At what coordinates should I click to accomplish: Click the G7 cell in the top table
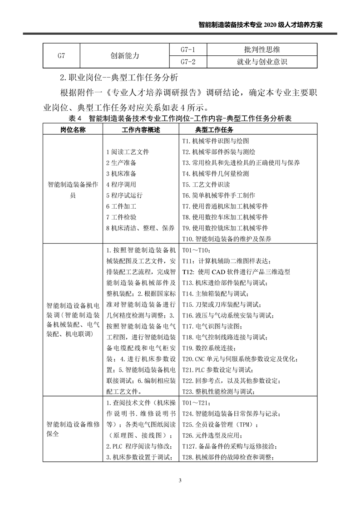click(x=61, y=55)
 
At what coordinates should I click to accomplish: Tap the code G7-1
click(x=187, y=49)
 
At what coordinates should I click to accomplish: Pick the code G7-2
click(x=187, y=61)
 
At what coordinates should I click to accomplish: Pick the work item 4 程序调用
click(x=121, y=185)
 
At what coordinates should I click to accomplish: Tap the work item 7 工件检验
click(x=121, y=217)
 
